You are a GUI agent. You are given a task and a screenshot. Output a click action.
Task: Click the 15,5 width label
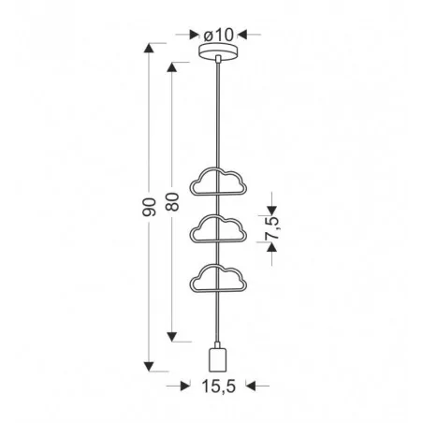pos(217,385)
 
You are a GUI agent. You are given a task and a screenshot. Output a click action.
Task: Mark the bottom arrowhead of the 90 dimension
pos(150,366)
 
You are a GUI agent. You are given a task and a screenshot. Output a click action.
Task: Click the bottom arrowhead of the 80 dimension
pos(172,339)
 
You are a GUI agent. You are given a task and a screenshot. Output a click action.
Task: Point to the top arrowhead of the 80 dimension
pos(172,66)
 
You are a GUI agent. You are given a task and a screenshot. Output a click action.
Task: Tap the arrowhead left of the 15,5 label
pos(173,385)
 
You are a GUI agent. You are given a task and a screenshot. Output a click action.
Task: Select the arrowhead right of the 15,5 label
pos(261,385)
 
